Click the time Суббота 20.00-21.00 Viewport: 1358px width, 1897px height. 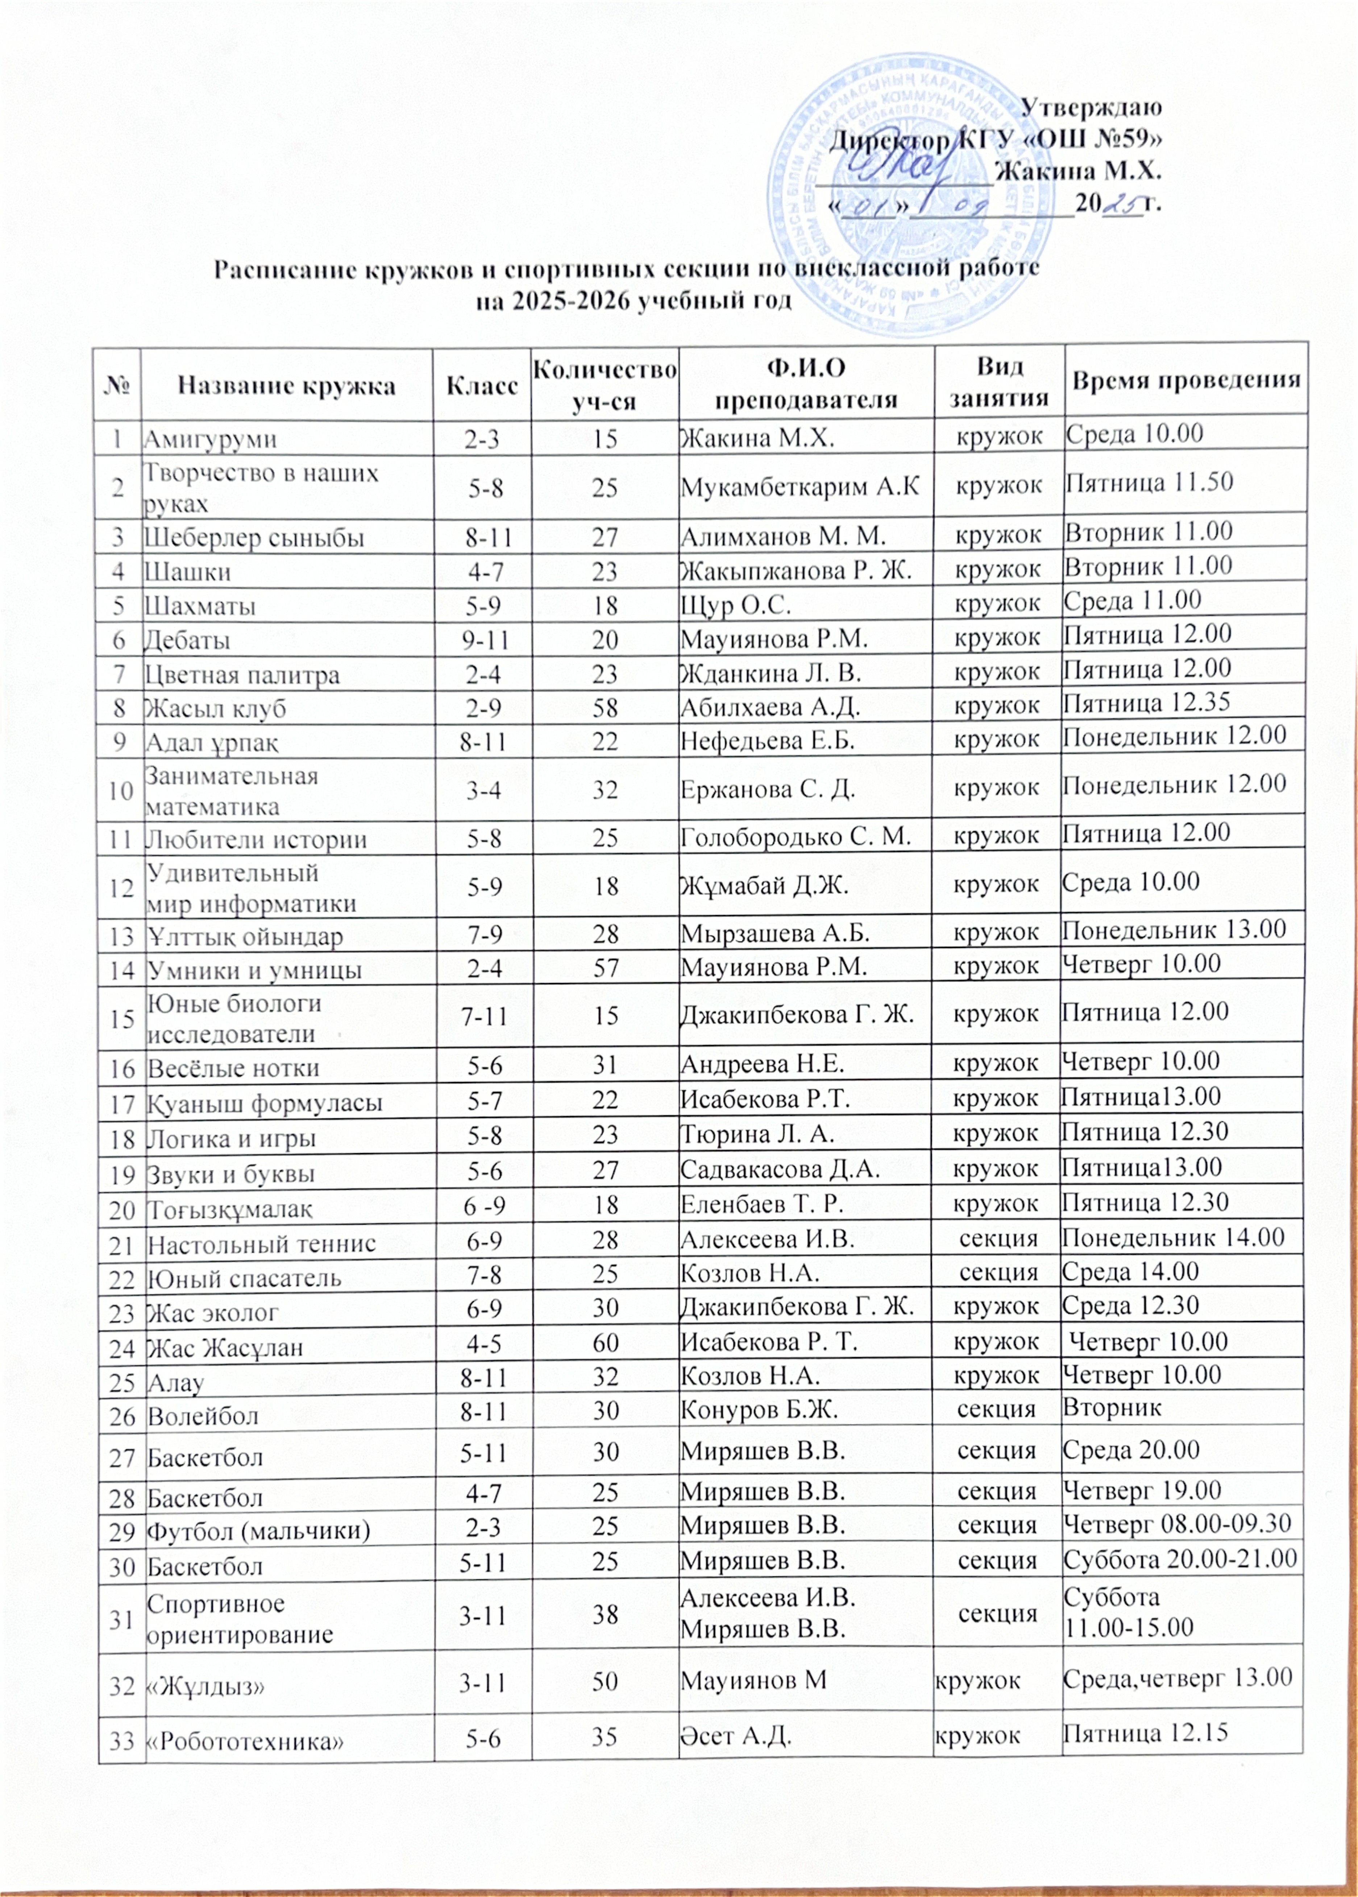point(1179,1557)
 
